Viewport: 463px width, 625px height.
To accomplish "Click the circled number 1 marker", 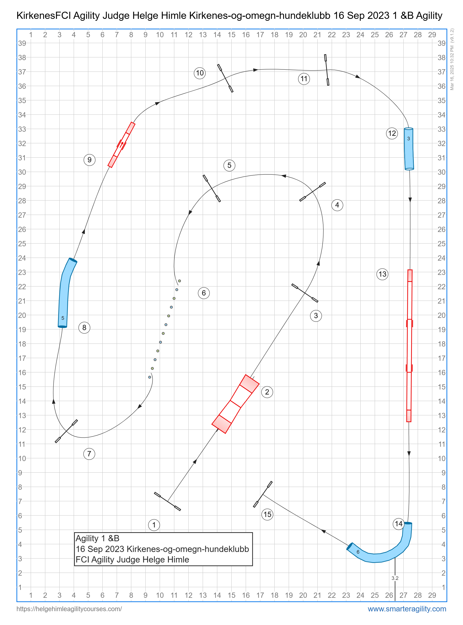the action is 154,525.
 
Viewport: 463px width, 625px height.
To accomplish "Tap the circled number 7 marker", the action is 89,453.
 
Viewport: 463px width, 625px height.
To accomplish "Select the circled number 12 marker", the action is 392,133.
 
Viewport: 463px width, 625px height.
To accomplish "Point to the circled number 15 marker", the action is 267,514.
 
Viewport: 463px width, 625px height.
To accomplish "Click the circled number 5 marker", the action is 229,165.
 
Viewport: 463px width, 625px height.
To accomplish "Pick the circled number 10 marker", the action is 200,73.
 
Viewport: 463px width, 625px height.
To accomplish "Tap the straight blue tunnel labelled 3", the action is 409,149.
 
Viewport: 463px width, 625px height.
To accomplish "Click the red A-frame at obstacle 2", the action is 235,404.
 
